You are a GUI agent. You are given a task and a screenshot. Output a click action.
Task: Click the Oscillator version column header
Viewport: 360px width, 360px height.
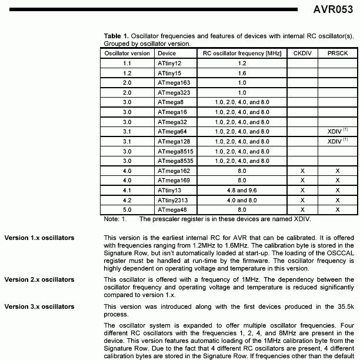click(x=127, y=53)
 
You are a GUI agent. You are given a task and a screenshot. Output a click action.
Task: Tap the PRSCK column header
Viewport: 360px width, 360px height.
click(x=337, y=53)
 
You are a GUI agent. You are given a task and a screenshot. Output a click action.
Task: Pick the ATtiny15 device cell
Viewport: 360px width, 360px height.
click(x=170, y=73)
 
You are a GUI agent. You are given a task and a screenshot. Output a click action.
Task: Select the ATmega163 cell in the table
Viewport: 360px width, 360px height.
click(x=174, y=83)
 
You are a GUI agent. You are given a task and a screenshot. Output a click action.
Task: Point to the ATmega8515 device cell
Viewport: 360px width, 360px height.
click(x=176, y=151)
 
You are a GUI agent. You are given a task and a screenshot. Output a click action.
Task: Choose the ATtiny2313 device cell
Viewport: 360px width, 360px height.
click(x=174, y=199)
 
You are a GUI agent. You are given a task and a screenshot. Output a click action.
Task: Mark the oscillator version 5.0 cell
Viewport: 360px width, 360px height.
click(x=127, y=209)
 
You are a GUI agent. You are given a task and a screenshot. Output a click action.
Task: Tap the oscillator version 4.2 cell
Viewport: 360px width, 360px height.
click(x=127, y=199)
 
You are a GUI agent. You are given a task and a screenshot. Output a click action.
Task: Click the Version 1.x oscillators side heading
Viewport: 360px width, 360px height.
click(x=39, y=238)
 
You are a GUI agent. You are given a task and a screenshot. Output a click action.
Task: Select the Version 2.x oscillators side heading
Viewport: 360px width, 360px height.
click(x=39, y=278)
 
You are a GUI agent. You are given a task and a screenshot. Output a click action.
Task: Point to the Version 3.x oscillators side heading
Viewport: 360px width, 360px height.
click(x=39, y=306)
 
